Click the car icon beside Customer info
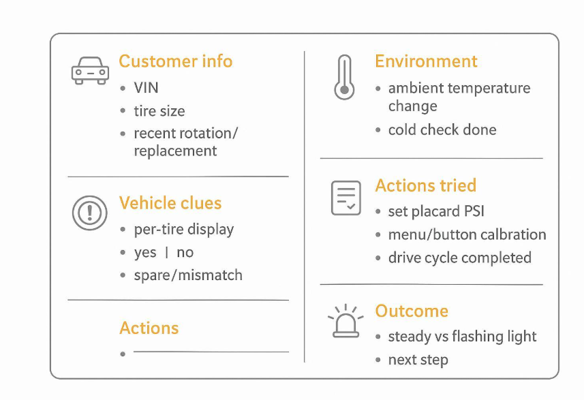coord(90,71)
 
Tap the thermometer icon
coord(344,78)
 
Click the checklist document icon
coord(345,198)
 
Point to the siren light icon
coord(346,322)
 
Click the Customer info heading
coord(176,61)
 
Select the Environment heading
coord(426,61)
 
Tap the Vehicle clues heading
coord(170,203)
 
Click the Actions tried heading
coord(425,185)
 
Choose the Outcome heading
coord(412,311)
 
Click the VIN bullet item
coord(146,88)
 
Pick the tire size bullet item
coord(159,111)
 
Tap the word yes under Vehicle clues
coord(145,252)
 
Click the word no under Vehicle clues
coord(185,252)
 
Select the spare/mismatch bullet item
coord(187,275)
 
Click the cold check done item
coord(442,129)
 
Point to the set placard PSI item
coord(435,211)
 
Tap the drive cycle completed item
coord(459,258)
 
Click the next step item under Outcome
coord(418,360)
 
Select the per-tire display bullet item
coord(183,229)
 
